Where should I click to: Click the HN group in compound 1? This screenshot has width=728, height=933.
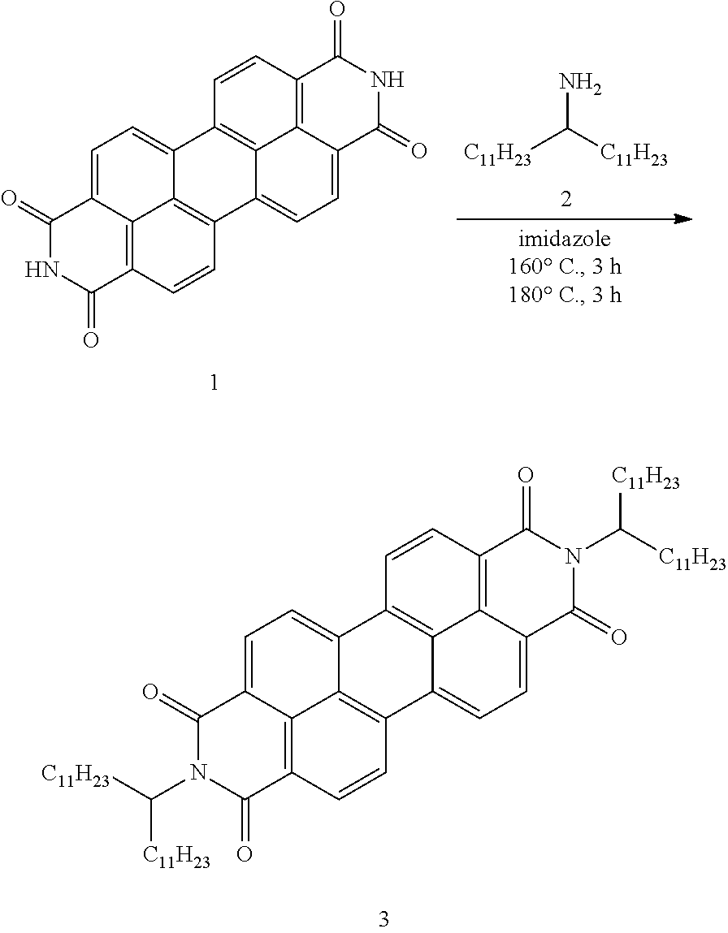tap(43, 270)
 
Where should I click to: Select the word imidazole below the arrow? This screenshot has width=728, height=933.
tap(565, 240)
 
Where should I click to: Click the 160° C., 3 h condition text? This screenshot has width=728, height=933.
tap(565, 266)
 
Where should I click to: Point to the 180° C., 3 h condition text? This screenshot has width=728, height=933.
tap(565, 294)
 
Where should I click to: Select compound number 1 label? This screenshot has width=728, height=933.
tap(214, 382)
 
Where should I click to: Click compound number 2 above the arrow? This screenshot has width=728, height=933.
tap(565, 199)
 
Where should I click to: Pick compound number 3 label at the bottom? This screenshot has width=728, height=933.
tap(383, 918)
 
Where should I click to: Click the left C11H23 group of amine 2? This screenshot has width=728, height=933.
tap(497, 157)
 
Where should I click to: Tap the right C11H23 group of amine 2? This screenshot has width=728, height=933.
tap(634, 157)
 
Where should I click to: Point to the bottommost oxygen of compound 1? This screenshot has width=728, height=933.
tap(90, 339)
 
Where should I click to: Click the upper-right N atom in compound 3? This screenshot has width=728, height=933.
tap(573, 557)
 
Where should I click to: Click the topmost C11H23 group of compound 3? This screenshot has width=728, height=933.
tap(645, 480)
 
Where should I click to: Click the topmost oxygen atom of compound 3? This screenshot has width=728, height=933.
tap(525, 475)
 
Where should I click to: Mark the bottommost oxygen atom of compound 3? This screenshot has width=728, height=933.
tap(244, 854)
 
